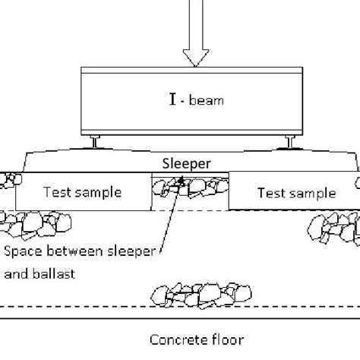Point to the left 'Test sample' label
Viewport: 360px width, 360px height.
(84, 192)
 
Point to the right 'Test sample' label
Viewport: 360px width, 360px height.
(296, 193)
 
